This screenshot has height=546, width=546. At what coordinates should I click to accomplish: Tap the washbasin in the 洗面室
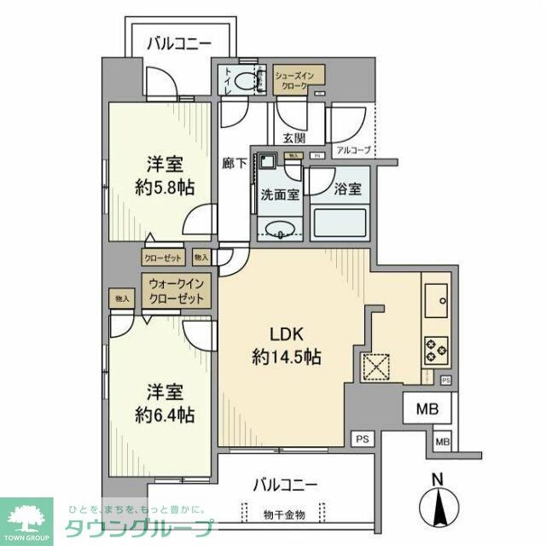coord(280,228)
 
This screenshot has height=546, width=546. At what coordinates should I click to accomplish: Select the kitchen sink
coord(438,298)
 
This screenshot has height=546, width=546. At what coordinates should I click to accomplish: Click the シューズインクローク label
coord(299,81)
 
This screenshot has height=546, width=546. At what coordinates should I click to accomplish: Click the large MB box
coord(427,409)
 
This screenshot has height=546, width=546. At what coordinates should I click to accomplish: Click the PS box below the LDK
coord(363,439)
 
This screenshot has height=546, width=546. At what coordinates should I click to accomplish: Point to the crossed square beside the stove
coord(375,365)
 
